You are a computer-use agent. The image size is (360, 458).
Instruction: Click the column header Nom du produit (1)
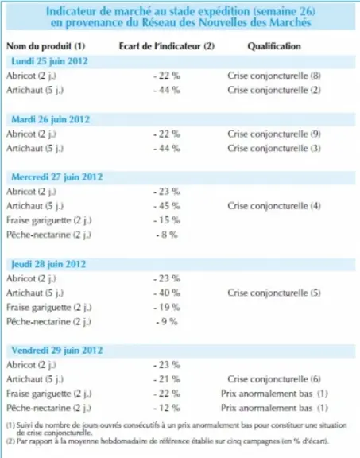46,46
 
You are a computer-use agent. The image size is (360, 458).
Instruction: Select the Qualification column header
274,46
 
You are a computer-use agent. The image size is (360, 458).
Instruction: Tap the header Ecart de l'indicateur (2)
167,46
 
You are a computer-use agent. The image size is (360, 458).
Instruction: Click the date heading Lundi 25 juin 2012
49,61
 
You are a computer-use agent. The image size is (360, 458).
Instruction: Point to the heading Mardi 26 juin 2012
51,119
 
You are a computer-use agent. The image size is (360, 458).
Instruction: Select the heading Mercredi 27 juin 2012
57,177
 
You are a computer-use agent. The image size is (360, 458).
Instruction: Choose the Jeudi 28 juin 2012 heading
48,264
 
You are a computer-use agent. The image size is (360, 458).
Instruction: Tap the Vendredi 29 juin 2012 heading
57,350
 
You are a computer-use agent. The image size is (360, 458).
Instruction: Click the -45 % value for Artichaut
167,206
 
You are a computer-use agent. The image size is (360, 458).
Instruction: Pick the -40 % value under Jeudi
167,293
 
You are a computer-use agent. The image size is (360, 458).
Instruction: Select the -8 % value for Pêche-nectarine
167,235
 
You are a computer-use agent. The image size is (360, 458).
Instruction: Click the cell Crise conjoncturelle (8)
274,76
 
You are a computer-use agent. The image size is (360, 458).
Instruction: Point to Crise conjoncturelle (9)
274,134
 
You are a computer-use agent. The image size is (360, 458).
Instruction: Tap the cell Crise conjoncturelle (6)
274,379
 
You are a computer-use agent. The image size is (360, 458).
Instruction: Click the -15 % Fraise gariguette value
167,220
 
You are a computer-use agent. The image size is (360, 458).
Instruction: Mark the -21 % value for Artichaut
167,379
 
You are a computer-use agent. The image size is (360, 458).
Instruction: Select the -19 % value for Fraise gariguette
167,307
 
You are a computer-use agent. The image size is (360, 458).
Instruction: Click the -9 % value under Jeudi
167,321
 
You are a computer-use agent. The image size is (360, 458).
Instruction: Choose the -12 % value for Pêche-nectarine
167,408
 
